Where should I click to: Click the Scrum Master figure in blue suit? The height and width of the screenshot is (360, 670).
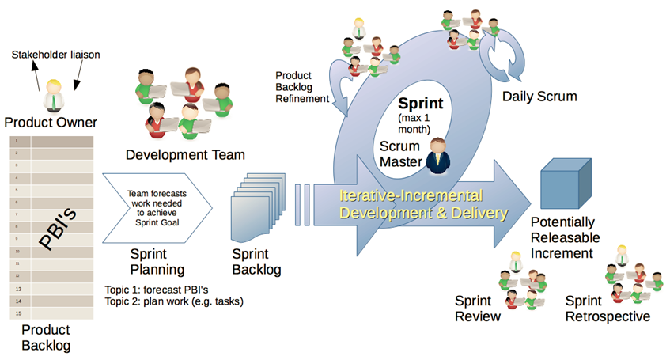click(438, 156)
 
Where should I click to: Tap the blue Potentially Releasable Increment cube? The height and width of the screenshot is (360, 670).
click(566, 184)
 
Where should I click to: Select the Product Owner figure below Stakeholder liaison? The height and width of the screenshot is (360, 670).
click(54, 96)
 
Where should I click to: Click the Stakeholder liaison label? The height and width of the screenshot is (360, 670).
click(55, 55)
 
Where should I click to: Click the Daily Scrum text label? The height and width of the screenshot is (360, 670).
click(539, 97)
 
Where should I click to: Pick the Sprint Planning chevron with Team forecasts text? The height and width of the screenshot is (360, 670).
click(157, 208)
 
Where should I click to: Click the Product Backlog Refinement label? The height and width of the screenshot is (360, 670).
click(302, 87)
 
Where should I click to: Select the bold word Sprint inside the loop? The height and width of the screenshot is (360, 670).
click(421, 104)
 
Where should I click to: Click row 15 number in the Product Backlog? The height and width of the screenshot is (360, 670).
click(18, 313)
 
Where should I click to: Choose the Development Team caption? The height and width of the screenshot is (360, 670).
click(185, 155)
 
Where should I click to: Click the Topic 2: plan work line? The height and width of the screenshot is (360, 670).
click(174, 301)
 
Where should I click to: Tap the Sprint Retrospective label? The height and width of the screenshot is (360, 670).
click(608, 309)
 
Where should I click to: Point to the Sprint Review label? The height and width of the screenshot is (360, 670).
click(477, 309)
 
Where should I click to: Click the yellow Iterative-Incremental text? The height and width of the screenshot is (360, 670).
click(411, 195)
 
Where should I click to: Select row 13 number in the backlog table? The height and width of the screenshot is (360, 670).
click(18, 289)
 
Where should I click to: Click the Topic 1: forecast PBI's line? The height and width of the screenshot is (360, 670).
click(157, 290)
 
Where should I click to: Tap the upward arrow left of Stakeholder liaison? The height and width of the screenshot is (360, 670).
click(36, 76)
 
